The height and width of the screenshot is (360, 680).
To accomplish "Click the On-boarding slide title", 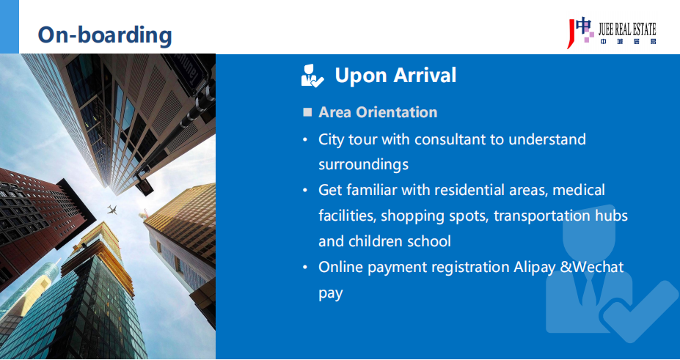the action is [105, 34].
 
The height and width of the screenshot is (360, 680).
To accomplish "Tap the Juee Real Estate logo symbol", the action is [581, 33].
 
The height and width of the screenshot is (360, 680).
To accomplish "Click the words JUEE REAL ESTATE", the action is [627, 29].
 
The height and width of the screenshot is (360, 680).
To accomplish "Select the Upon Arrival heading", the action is [395, 75].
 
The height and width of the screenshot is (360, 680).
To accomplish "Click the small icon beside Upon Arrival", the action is [312, 76].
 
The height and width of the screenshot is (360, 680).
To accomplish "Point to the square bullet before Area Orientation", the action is [307, 112].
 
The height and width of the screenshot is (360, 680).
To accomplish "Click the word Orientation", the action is [396, 112].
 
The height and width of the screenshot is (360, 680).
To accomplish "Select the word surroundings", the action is [363, 165].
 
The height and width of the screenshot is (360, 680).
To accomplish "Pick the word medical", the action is [579, 190].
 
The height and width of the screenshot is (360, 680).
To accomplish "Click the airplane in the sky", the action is [112, 210].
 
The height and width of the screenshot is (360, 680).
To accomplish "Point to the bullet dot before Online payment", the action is [305, 267].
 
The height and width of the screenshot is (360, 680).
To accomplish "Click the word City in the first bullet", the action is [331, 140].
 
